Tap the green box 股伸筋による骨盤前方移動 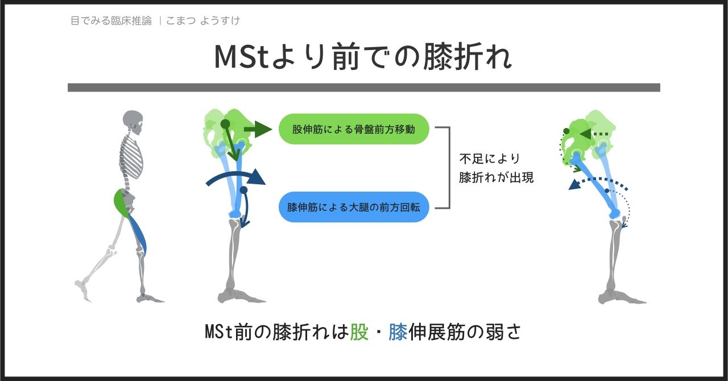click(x=353, y=129)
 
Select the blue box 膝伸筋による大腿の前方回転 click(x=353, y=207)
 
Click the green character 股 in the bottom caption click(x=359, y=333)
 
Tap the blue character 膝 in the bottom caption click(x=398, y=333)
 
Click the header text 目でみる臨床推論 click(x=111, y=21)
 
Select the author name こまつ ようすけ click(x=203, y=21)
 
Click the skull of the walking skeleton click(x=133, y=121)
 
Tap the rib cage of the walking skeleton click(x=132, y=156)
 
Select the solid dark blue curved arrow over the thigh click(x=236, y=178)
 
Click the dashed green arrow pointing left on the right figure click(x=596, y=134)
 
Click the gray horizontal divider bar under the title click(x=363, y=88)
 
